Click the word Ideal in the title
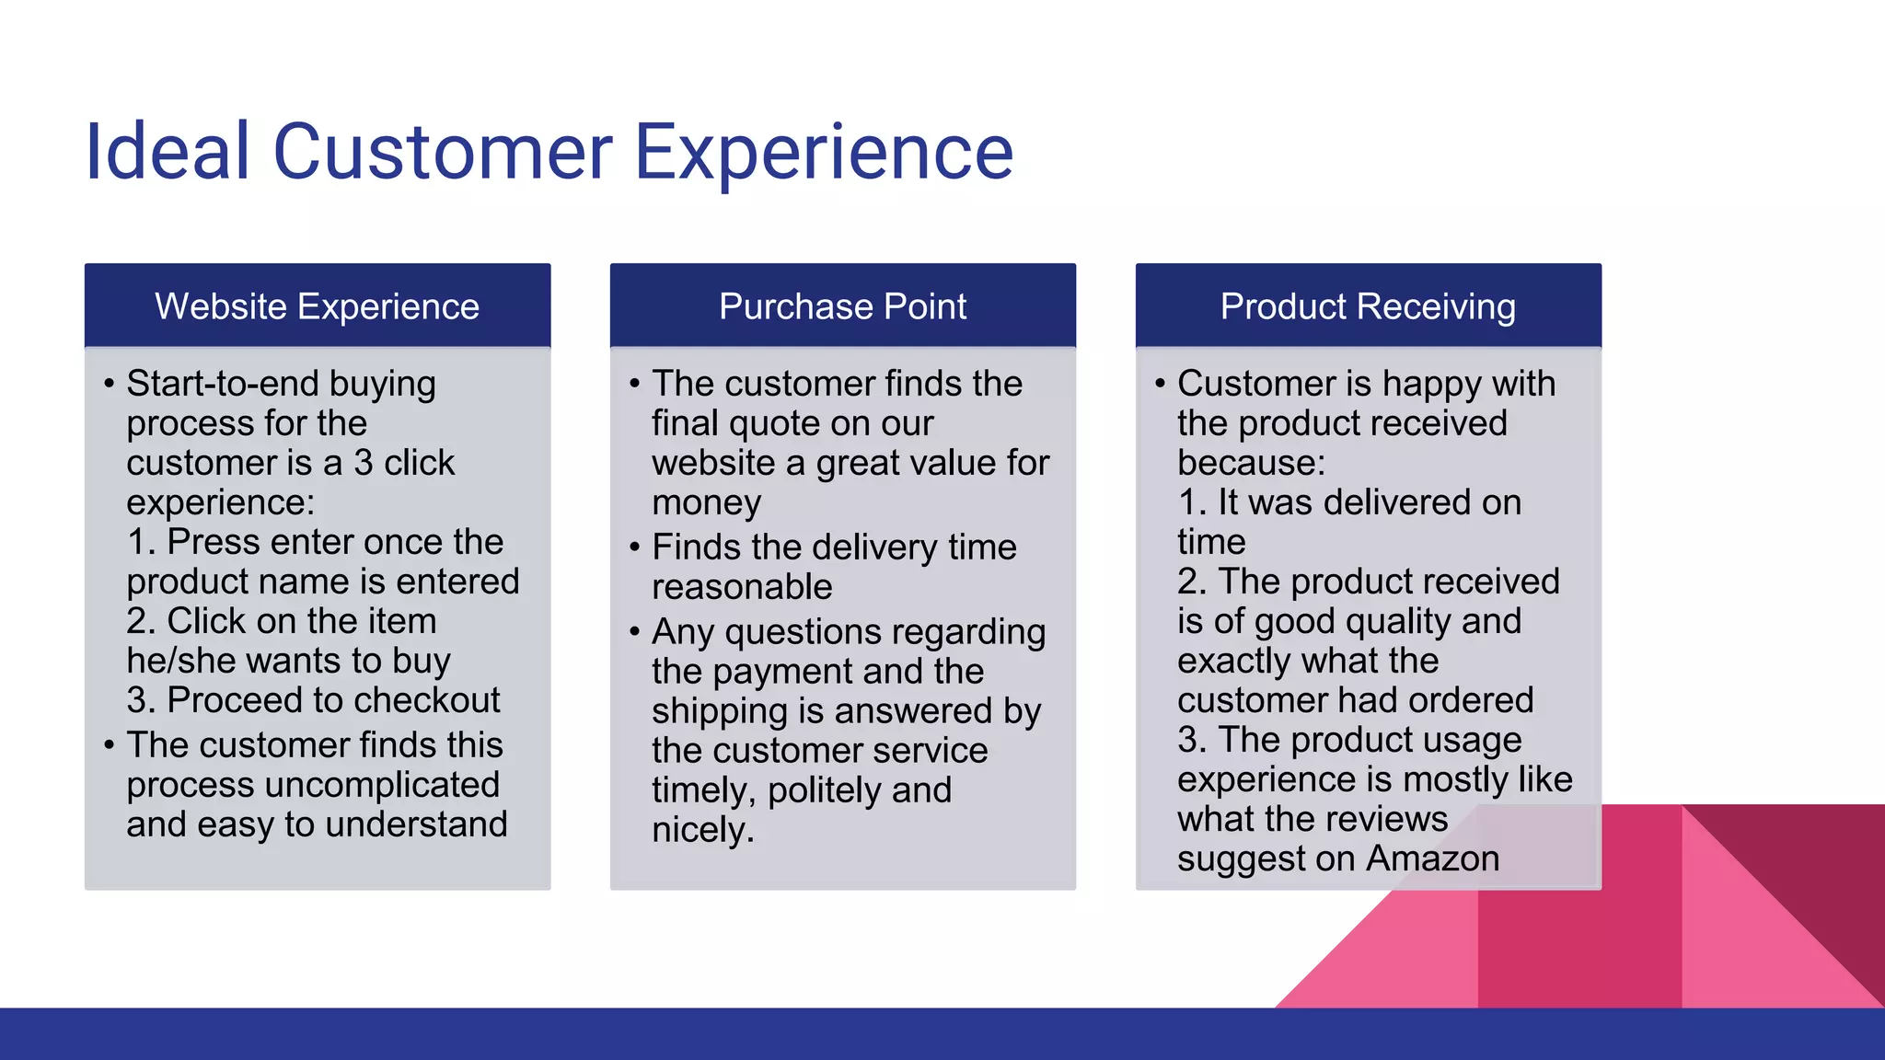click(x=167, y=152)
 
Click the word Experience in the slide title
click(x=824, y=152)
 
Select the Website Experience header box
click(x=317, y=306)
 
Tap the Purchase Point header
click(x=842, y=306)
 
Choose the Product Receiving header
click(x=1368, y=306)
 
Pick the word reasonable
click(x=742, y=587)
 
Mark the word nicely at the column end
click(x=702, y=830)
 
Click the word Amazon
click(x=1432, y=858)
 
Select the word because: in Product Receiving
click(x=1251, y=463)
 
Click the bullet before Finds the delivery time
click(x=634, y=547)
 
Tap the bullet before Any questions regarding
click(x=634, y=632)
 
